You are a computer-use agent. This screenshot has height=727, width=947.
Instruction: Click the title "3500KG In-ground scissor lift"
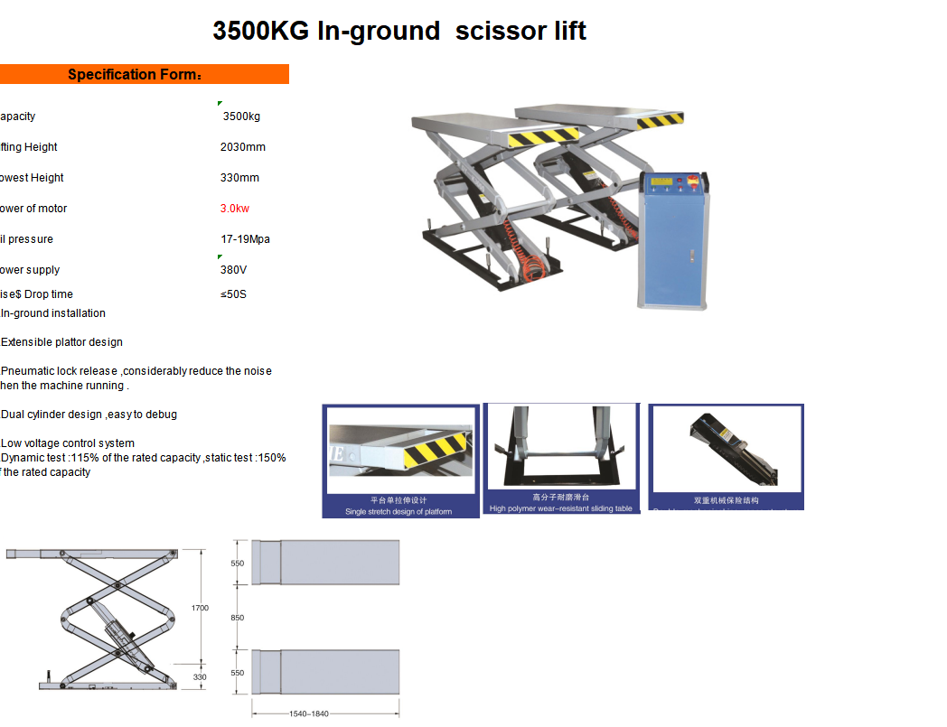[x=399, y=32]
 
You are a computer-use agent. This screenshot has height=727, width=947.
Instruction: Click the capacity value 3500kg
[x=241, y=117]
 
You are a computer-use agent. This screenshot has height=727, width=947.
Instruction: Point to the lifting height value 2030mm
[x=243, y=147]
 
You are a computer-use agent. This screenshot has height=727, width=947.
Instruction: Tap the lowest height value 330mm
[x=239, y=178]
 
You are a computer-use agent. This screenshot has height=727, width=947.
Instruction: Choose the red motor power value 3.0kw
[x=235, y=209]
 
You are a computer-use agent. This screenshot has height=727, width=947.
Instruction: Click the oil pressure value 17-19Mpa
[x=245, y=239]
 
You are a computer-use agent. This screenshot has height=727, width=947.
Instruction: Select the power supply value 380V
[x=233, y=270]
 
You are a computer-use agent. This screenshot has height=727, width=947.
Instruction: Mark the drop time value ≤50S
[x=233, y=294]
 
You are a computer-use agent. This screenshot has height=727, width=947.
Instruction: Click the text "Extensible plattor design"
[x=61, y=342]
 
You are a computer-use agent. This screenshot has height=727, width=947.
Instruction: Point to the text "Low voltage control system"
[x=68, y=443]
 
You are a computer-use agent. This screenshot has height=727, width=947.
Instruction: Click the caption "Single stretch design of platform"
[x=398, y=512]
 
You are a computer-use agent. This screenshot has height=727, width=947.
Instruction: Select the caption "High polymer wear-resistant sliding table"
[x=561, y=508]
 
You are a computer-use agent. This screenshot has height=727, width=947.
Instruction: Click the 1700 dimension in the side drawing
[x=200, y=608]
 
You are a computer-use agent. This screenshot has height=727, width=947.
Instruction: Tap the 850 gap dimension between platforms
[x=238, y=618]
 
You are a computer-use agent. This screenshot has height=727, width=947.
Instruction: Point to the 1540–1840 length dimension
[x=309, y=713]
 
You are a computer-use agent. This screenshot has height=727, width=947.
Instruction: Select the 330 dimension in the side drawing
[x=200, y=676]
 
